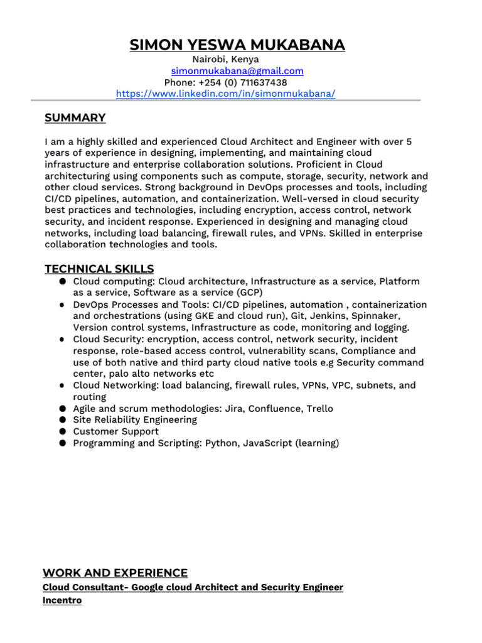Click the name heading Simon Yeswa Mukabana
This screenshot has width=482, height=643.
click(237, 45)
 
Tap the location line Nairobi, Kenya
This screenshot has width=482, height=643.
click(225, 59)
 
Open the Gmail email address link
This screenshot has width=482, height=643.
click(237, 71)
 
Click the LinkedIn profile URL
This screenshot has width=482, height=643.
click(226, 94)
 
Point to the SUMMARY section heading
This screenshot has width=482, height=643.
click(75, 118)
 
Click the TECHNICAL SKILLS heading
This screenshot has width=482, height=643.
click(99, 269)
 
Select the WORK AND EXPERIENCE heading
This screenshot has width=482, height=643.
click(115, 573)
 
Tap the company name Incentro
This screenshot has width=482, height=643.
click(62, 600)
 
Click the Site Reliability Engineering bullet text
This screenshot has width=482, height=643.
click(135, 419)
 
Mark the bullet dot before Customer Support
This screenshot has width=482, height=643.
click(63, 431)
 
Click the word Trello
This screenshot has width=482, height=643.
click(319, 408)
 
